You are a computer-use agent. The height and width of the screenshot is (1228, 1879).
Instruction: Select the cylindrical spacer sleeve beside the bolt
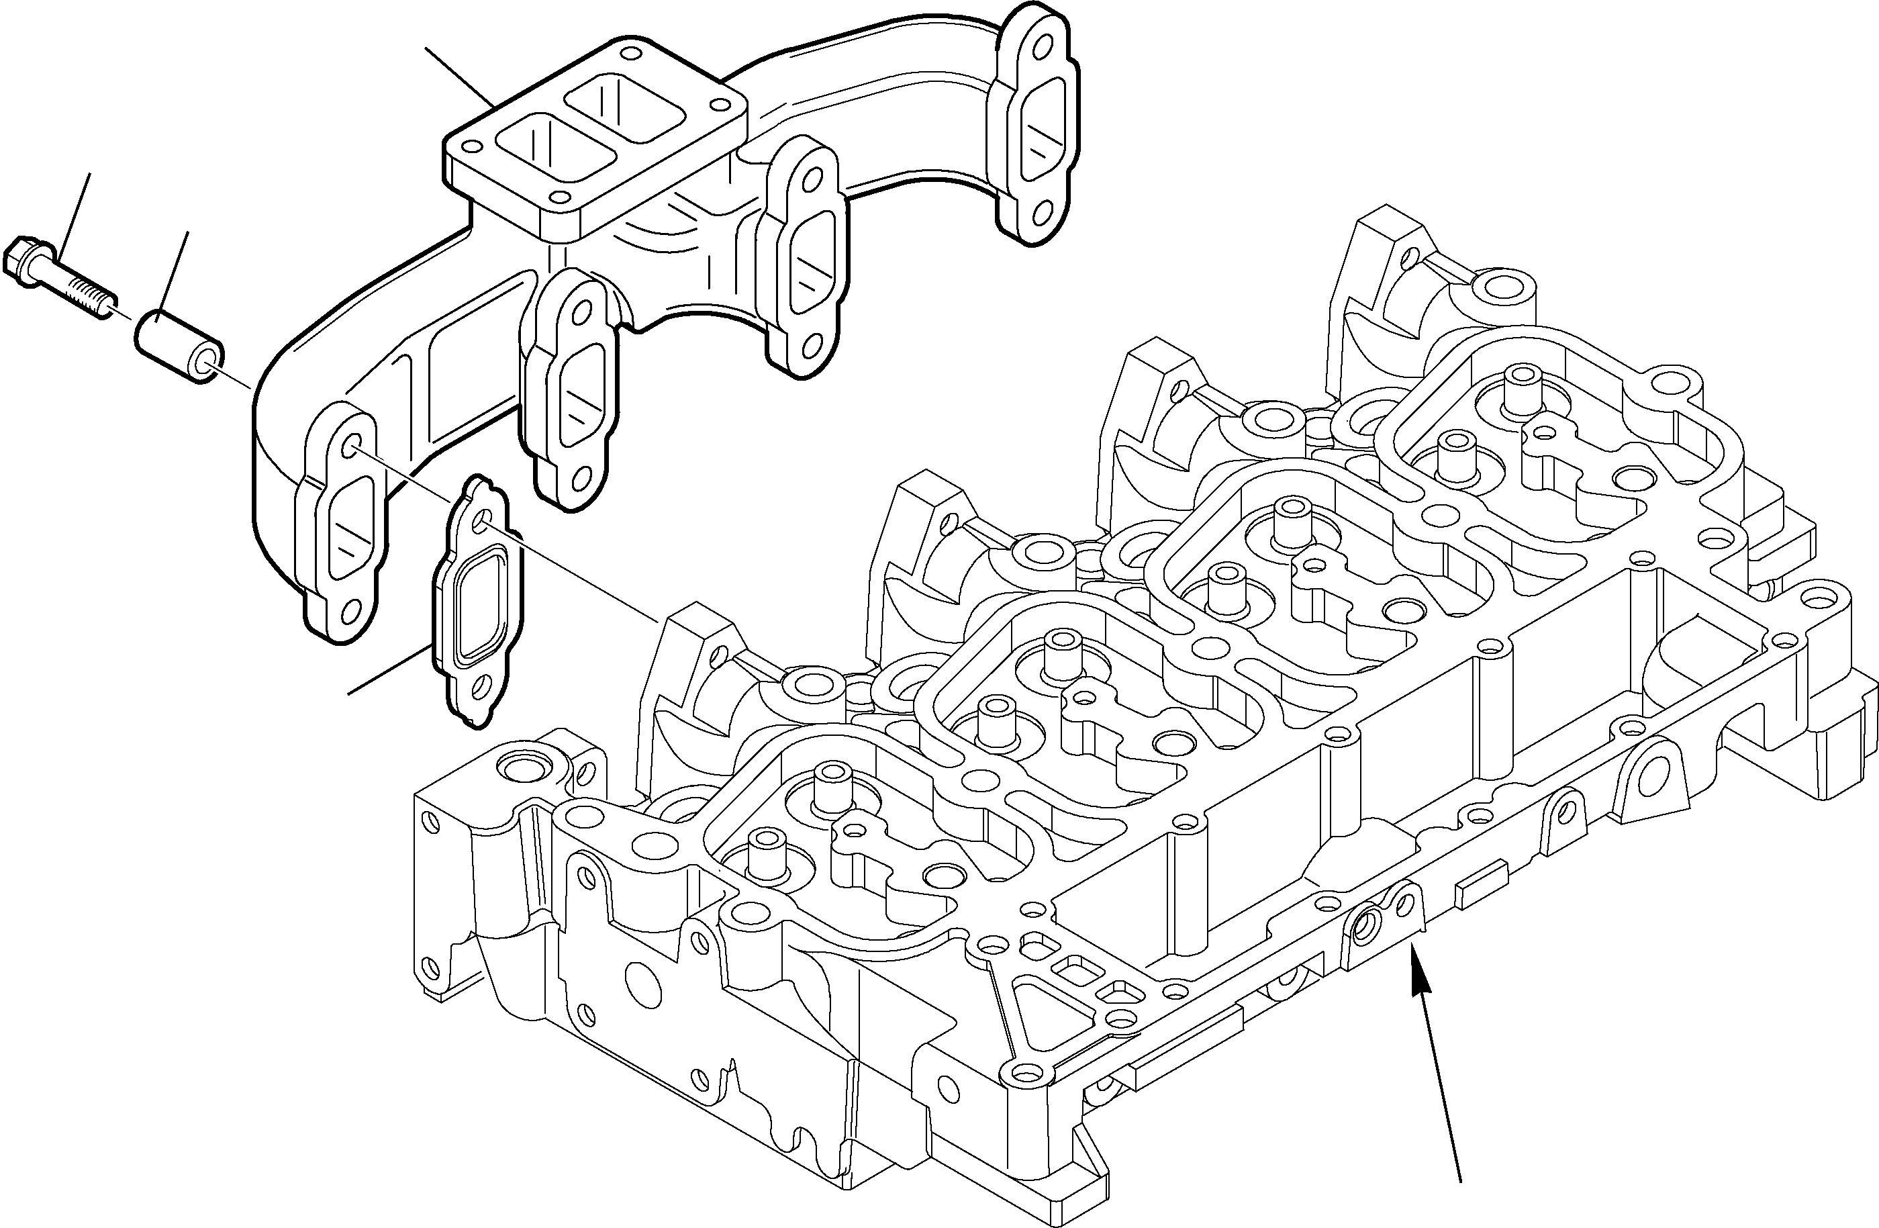point(178,348)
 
